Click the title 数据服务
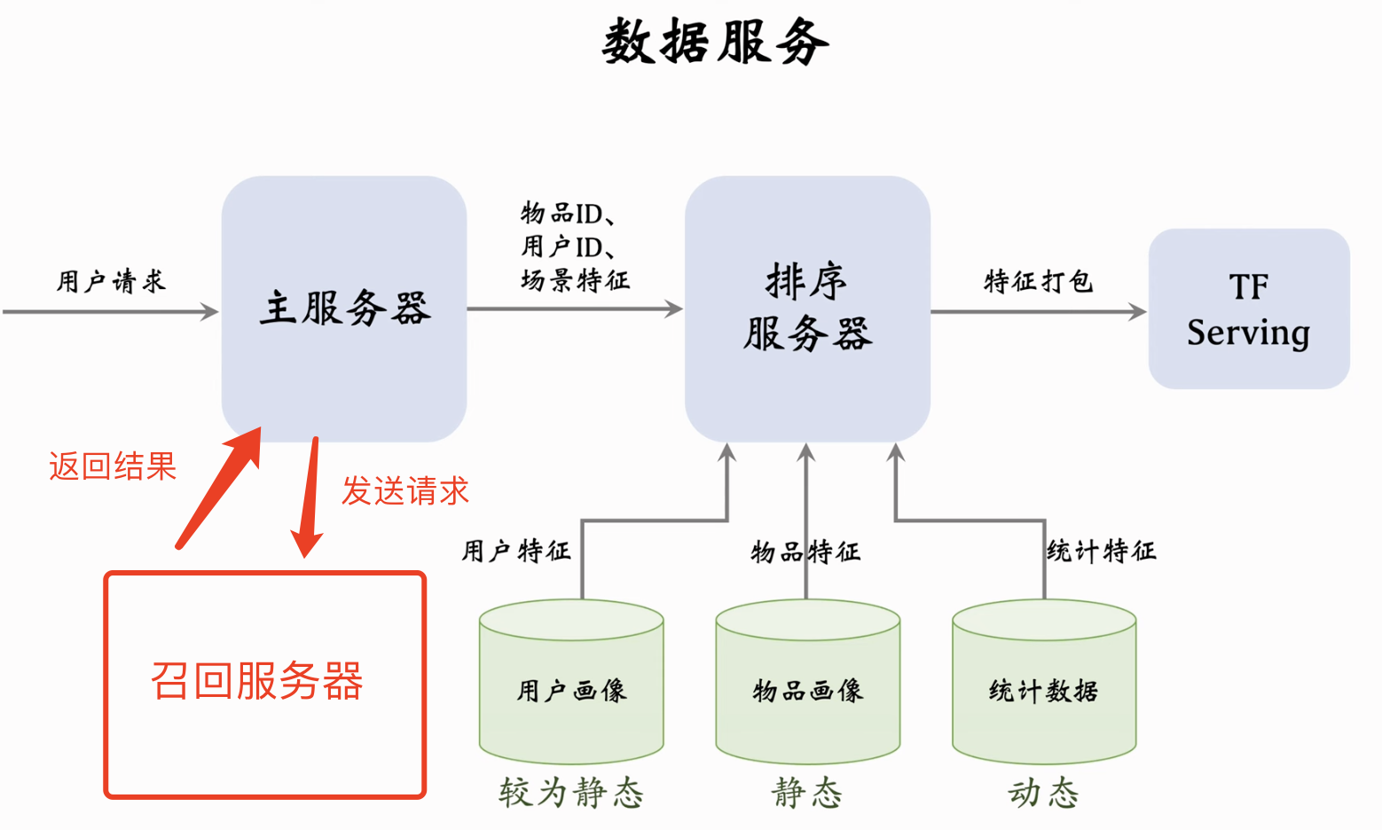point(715,43)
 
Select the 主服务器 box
point(344,309)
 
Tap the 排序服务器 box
point(807,309)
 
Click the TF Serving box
point(1249,309)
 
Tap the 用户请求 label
point(111,282)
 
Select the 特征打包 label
point(1038,282)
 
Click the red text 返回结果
point(113,466)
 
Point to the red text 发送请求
point(405,490)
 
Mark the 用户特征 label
point(515,552)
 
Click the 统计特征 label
point(1102,552)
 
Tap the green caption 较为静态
point(571,793)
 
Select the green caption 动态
point(1043,793)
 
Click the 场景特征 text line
point(575,281)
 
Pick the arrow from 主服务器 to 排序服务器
point(575,309)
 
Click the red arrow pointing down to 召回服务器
point(309,497)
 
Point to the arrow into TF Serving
point(1038,311)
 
